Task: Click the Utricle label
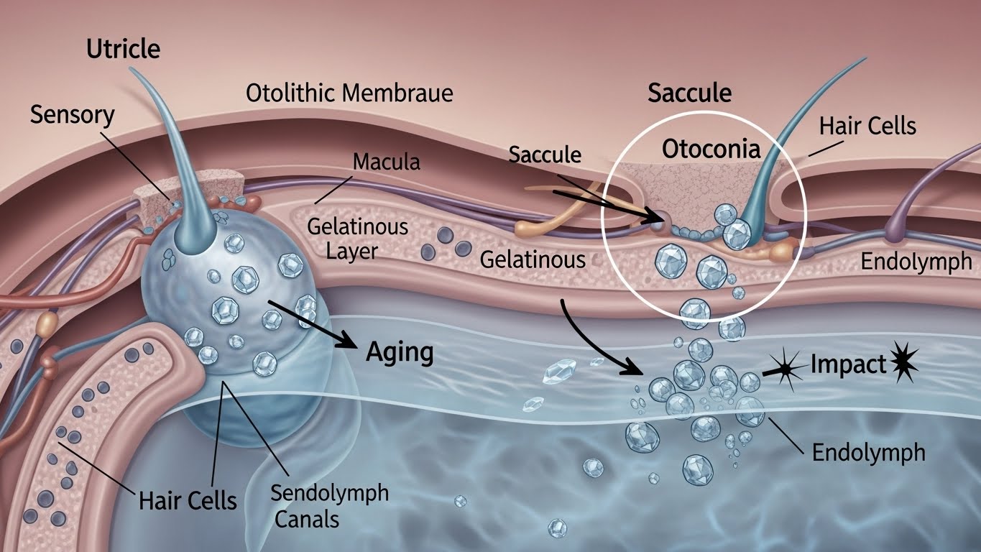coord(123,50)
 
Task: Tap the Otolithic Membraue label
coord(349,93)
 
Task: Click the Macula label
coord(387,162)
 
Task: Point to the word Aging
coord(400,353)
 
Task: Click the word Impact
coord(848,365)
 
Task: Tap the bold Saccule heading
coord(689,93)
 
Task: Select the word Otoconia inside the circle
coord(711,149)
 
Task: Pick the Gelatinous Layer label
coord(356,239)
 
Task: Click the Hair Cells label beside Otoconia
coord(867,126)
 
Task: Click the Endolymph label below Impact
coord(869,453)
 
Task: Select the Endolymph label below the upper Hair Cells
coord(916,262)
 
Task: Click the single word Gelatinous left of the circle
coord(533,259)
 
